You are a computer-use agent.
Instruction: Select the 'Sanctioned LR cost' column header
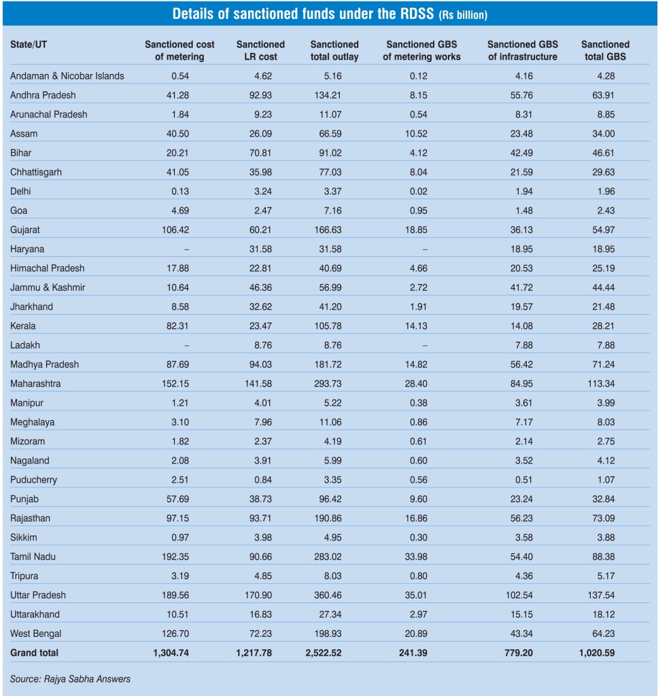tap(260, 50)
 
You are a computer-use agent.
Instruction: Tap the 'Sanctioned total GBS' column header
tap(605, 50)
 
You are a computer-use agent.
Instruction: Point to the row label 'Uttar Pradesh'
tap(38, 595)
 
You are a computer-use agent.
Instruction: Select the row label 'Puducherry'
tap(33, 480)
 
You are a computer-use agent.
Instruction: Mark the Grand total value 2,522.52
tap(334, 653)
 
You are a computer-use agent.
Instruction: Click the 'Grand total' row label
tap(34, 653)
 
